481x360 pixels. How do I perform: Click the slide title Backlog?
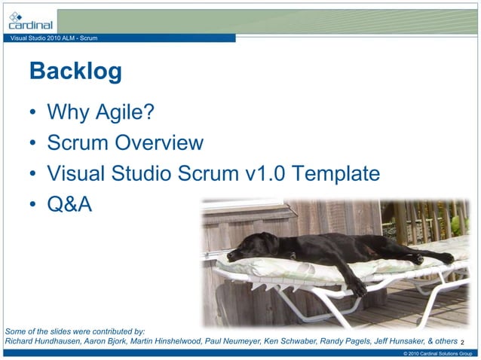[75, 72]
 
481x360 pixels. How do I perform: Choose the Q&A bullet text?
[69, 204]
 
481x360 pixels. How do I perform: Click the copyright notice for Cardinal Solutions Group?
[437, 353]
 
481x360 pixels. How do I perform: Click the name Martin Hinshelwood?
[164, 341]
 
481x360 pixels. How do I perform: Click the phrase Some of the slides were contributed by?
[75, 331]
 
